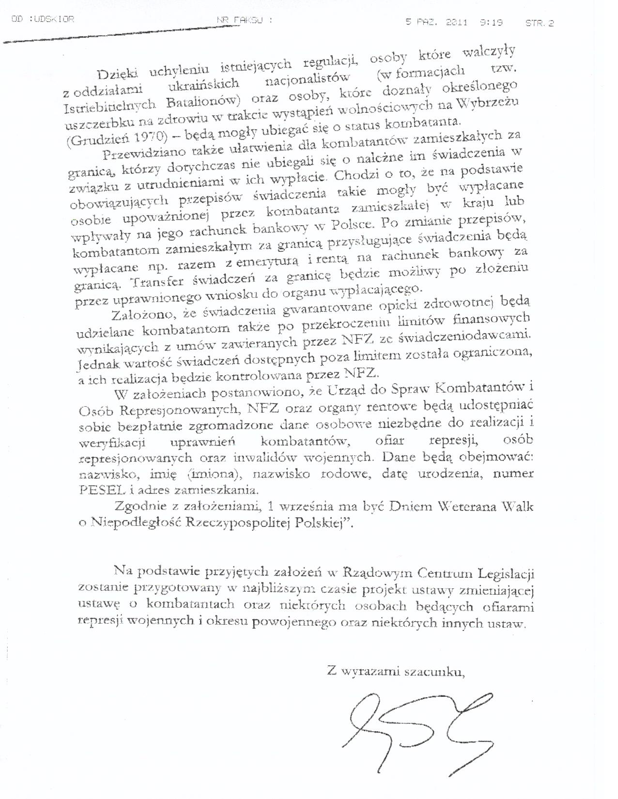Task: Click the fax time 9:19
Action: tap(491, 22)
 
